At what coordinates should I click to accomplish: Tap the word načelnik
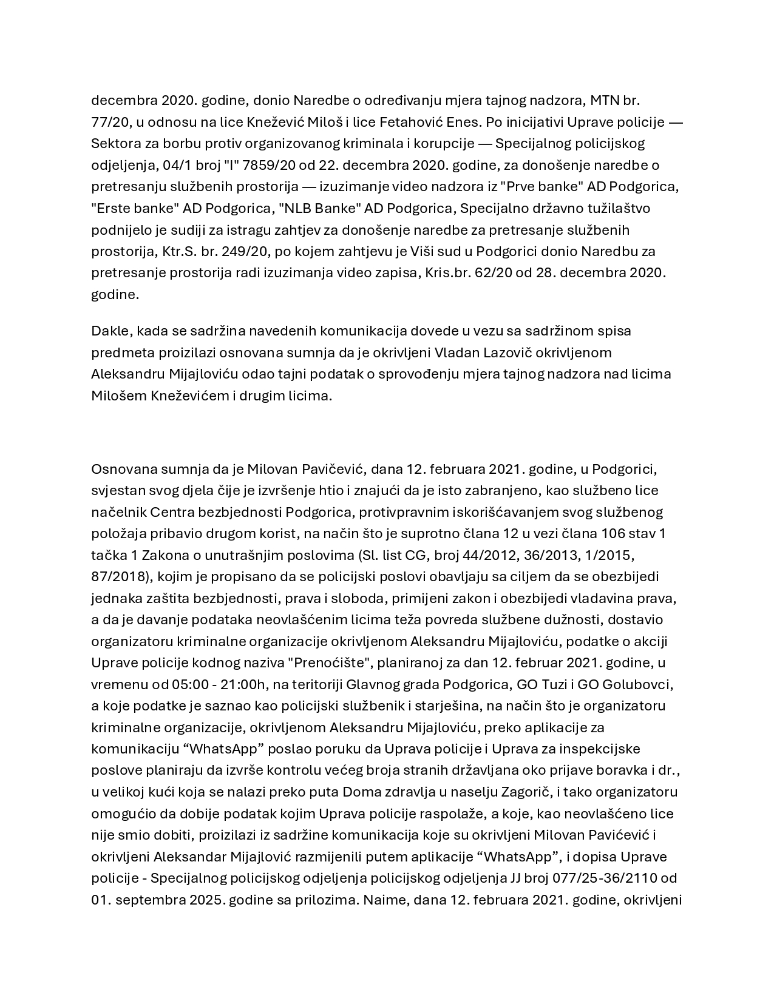pyautogui.click(x=118, y=512)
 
